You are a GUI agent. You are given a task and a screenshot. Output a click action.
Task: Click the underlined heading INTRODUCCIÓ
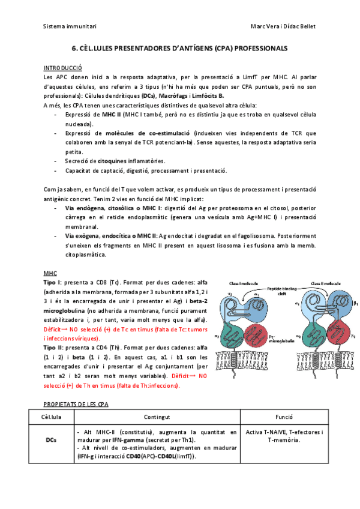pos(63,68)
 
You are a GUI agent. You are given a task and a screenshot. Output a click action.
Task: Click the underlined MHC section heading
pos(50,273)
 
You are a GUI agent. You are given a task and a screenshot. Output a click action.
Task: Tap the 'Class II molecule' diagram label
pos(324,283)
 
